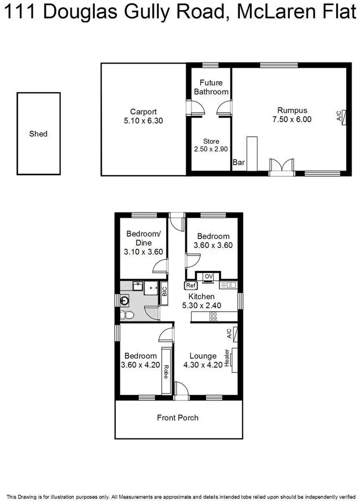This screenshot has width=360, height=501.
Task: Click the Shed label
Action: (38, 134)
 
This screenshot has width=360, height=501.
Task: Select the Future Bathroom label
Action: (211, 87)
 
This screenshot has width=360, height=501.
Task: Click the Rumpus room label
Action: (291, 110)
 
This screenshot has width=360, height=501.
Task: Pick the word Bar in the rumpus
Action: (239, 163)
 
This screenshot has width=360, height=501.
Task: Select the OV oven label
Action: (208, 276)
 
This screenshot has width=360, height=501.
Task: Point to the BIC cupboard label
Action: (164, 292)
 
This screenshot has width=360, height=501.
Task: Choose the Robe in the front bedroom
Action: (166, 371)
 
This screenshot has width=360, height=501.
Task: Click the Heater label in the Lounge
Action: (227, 358)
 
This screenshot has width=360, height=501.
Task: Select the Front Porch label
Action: (178, 418)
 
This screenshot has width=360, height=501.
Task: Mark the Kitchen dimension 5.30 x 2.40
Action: (201, 305)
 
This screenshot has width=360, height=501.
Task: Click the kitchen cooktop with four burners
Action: (213, 317)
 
